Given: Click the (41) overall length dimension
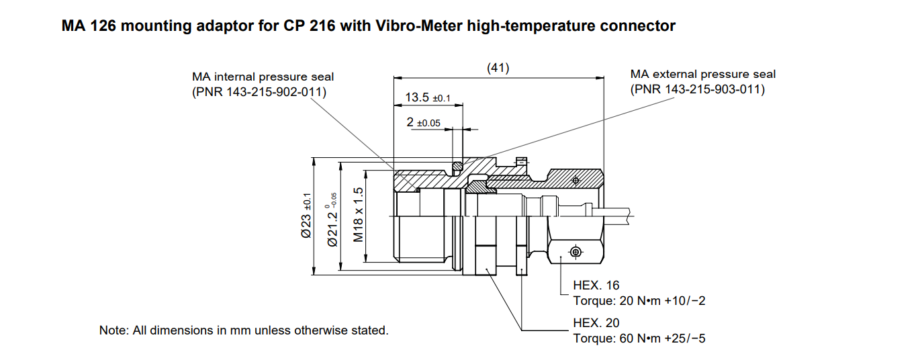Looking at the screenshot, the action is coord(498,68).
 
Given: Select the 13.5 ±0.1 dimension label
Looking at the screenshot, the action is coord(428,97).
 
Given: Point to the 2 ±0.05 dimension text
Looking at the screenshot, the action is coord(423,122).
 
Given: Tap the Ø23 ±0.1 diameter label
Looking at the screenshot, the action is coord(306,216).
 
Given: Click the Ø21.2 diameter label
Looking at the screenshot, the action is coord(332,220).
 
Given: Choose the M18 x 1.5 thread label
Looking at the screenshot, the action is coord(358,214).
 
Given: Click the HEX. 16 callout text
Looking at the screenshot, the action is coord(596,285).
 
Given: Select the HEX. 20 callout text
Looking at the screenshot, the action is coord(596,322).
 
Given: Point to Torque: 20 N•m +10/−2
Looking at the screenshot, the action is coord(639,301).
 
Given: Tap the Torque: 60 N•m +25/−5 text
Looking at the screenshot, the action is coord(639,339).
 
